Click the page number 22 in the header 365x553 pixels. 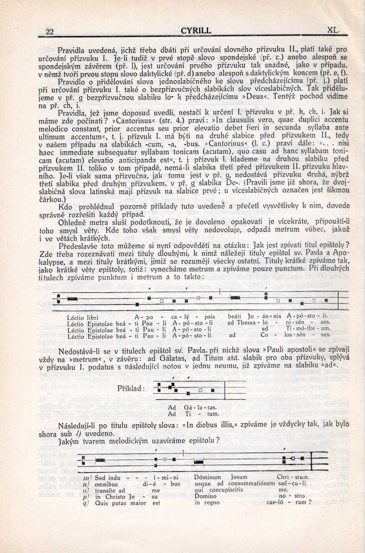(50, 31)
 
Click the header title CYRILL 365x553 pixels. (196, 31)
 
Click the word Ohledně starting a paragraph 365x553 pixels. (73, 222)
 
